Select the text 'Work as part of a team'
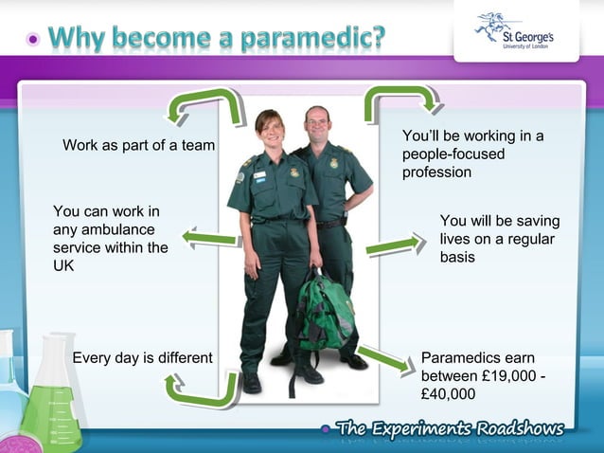(x=138, y=145)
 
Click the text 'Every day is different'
(x=143, y=357)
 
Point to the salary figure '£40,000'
(x=448, y=393)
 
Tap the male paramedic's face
(x=318, y=122)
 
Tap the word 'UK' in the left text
(x=63, y=266)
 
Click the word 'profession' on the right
(x=436, y=172)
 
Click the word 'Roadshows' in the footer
(x=520, y=427)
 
